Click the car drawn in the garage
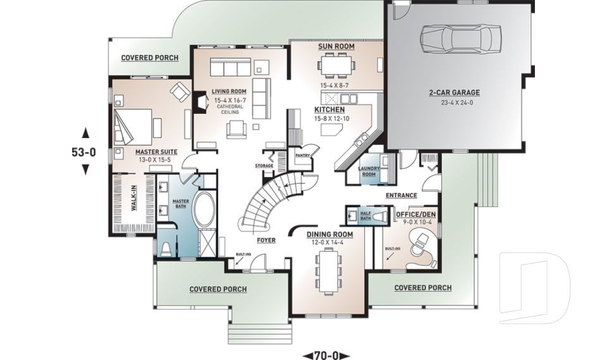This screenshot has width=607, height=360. coord(460,39)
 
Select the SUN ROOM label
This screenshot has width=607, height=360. coord(336,46)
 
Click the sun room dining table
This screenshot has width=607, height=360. coord(336,64)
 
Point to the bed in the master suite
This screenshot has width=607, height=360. coord(132,126)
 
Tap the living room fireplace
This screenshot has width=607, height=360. coord(200,102)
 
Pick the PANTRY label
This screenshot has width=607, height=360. coord(303,156)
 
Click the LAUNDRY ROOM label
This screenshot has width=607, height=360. coord(369,171)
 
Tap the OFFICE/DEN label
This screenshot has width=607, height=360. coord(416,214)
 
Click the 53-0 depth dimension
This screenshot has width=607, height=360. coord(84,152)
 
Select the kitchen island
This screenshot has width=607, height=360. coord(332,129)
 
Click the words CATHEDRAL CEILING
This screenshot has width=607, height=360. coord(230,109)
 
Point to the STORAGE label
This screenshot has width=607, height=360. coord(264,166)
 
